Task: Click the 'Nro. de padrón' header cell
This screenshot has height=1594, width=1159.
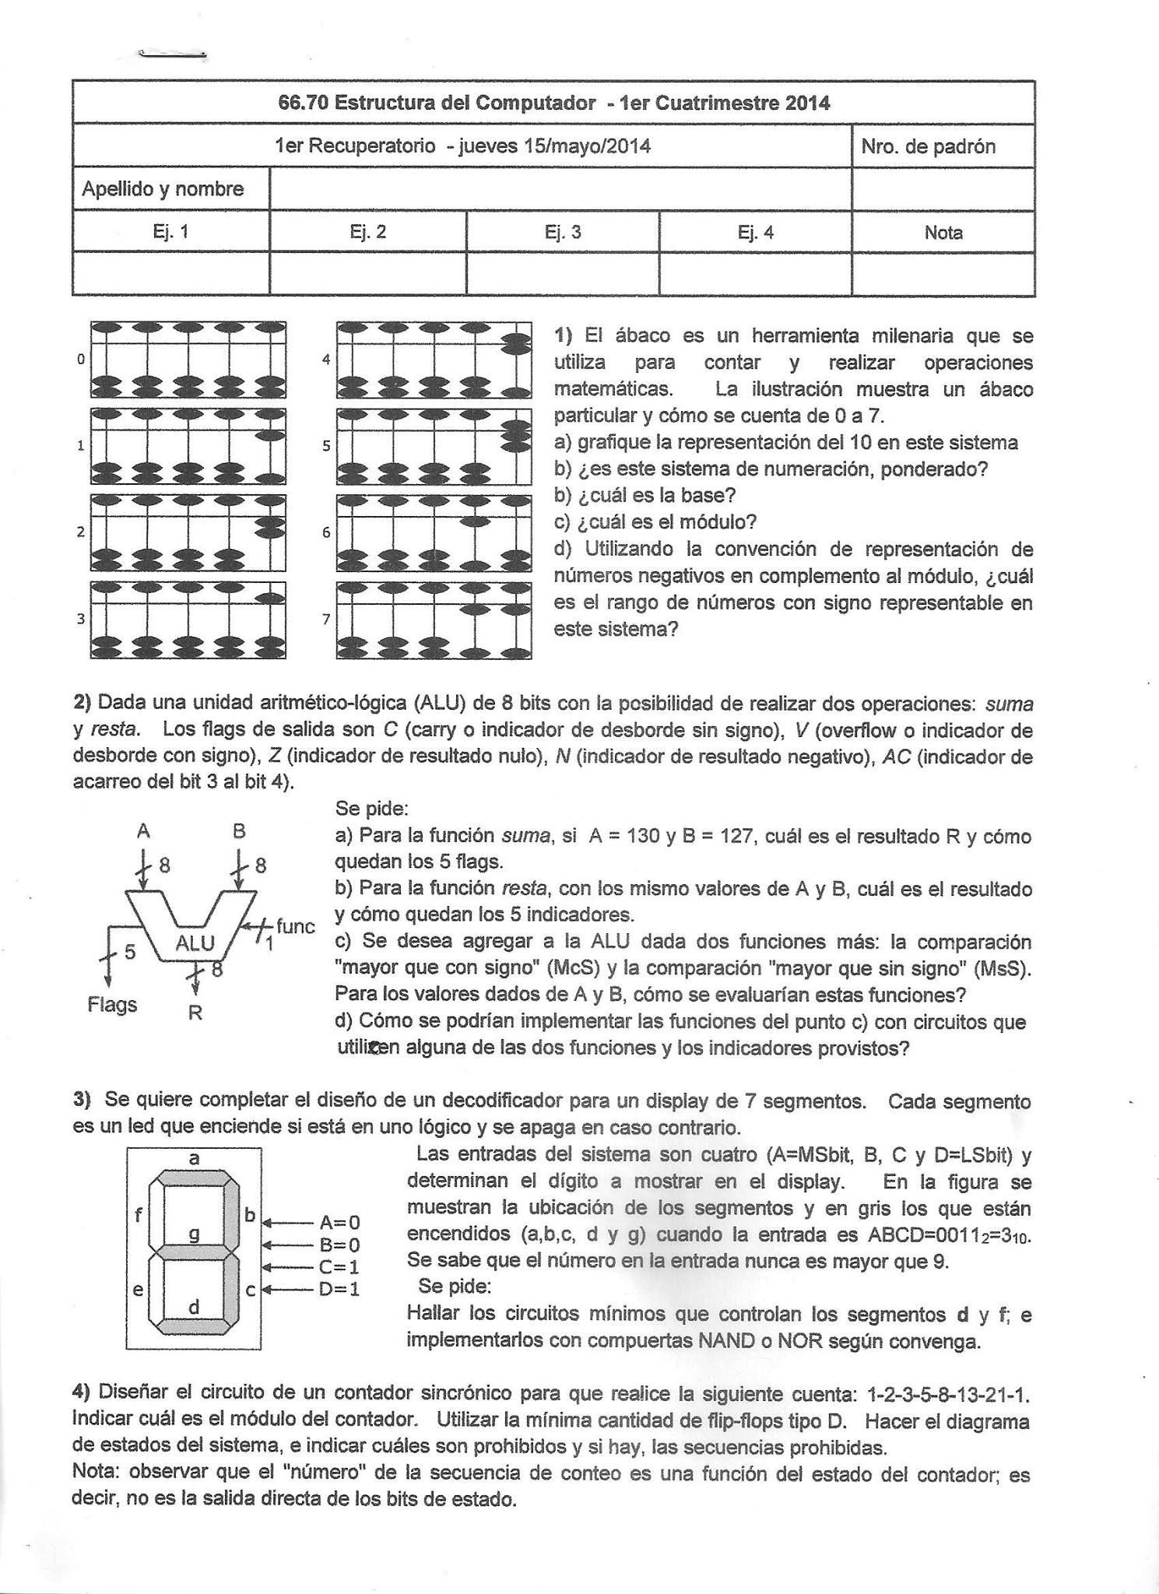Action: pyautogui.click(x=928, y=147)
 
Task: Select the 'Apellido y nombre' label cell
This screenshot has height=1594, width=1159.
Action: pyautogui.click(x=163, y=189)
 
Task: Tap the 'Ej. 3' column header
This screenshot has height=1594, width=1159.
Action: pyautogui.click(x=563, y=232)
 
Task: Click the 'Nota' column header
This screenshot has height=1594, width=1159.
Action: pyautogui.click(x=943, y=232)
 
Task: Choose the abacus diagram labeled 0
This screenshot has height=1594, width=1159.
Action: pyautogui.click(x=188, y=360)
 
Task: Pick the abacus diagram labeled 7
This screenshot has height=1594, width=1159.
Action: pyautogui.click(x=434, y=620)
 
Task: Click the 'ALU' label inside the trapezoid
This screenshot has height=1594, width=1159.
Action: pyautogui.click(x=195, y=943)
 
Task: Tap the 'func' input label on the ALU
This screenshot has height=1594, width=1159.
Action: pyautogui.click(x=296, y=926)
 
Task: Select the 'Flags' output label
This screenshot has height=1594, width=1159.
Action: pyautogui.click(x=112, y=1005)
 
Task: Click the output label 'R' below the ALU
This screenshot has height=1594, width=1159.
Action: pyautogui.click(x=195, y=1013)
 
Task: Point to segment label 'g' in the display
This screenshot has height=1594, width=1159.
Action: pyautogui.click(x=195, y=1233)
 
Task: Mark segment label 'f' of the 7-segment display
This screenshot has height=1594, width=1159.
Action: pyautogui.click(x=139, y=1214)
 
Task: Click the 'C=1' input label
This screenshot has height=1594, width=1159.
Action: pyautogui.click(x=339, y=1266)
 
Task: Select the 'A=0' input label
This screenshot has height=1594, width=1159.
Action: pyautogui.click(x=339, y=1223)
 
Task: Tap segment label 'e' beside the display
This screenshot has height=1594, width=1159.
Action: pyautogui.click(x=138, y=1290)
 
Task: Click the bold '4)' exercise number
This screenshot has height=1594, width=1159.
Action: pyautogui.click(x=82, y=1391)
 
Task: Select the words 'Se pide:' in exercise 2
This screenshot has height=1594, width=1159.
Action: pyautogui.click(x=372, y=809)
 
